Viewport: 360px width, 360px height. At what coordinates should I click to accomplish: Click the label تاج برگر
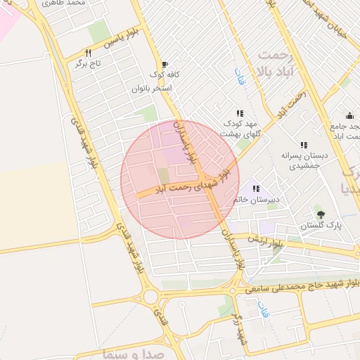point(90,63)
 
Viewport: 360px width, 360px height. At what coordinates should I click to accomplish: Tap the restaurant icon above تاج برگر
point(88,52)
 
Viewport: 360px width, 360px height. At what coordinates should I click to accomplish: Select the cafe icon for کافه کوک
point(165,63)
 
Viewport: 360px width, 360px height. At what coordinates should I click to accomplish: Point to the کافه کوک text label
point(165,75)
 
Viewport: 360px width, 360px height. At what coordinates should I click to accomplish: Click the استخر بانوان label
point(150,89)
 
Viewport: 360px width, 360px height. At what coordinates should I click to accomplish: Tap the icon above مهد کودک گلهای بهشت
point(240,112)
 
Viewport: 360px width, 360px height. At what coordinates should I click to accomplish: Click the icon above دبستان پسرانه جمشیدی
point(304,144)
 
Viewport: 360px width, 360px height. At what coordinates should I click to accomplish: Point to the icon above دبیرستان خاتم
point(256,188)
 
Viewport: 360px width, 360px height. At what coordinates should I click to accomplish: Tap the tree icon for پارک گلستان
point(321,214)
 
